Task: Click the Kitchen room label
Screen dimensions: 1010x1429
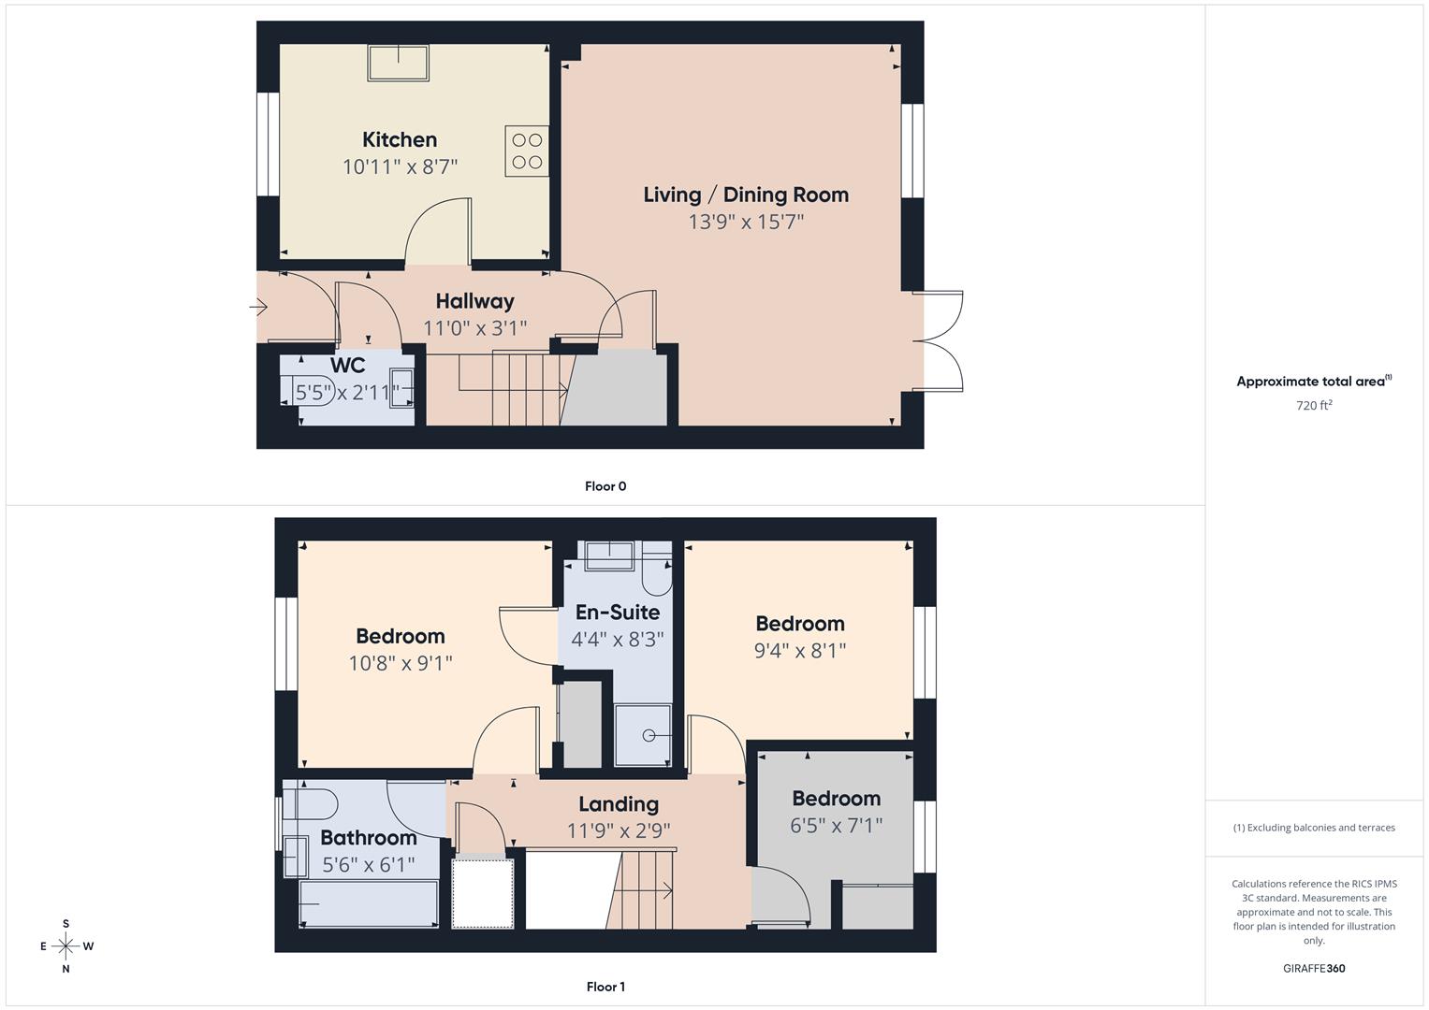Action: [400, 139]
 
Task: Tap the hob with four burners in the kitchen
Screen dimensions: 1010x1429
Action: [527, 151]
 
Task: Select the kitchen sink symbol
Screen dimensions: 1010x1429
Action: [399, 63]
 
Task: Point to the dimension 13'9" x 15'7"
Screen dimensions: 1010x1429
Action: [746, 222]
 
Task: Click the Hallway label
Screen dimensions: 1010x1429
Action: [474, 301]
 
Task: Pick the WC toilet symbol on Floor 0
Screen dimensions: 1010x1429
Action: [291, 392]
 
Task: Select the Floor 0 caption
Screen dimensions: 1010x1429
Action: [605, 486]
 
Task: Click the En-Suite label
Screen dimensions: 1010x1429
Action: [617, 613]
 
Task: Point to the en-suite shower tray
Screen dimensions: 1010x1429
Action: [643, 735]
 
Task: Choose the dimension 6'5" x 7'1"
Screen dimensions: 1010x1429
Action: [836, 826]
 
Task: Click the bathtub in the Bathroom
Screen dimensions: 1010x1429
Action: [369, 904]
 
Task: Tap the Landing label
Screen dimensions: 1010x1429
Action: [618, 804]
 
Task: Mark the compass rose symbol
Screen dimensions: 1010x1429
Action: [66, 946]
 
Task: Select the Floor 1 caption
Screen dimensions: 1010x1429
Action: [605, 987]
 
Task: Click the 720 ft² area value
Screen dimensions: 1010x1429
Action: [1314, 406]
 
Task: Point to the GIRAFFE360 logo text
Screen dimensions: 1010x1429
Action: [1314, 969]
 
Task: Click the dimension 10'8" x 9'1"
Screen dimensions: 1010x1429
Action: [401, 663]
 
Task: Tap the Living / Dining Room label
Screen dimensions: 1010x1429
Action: [746, 195]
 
